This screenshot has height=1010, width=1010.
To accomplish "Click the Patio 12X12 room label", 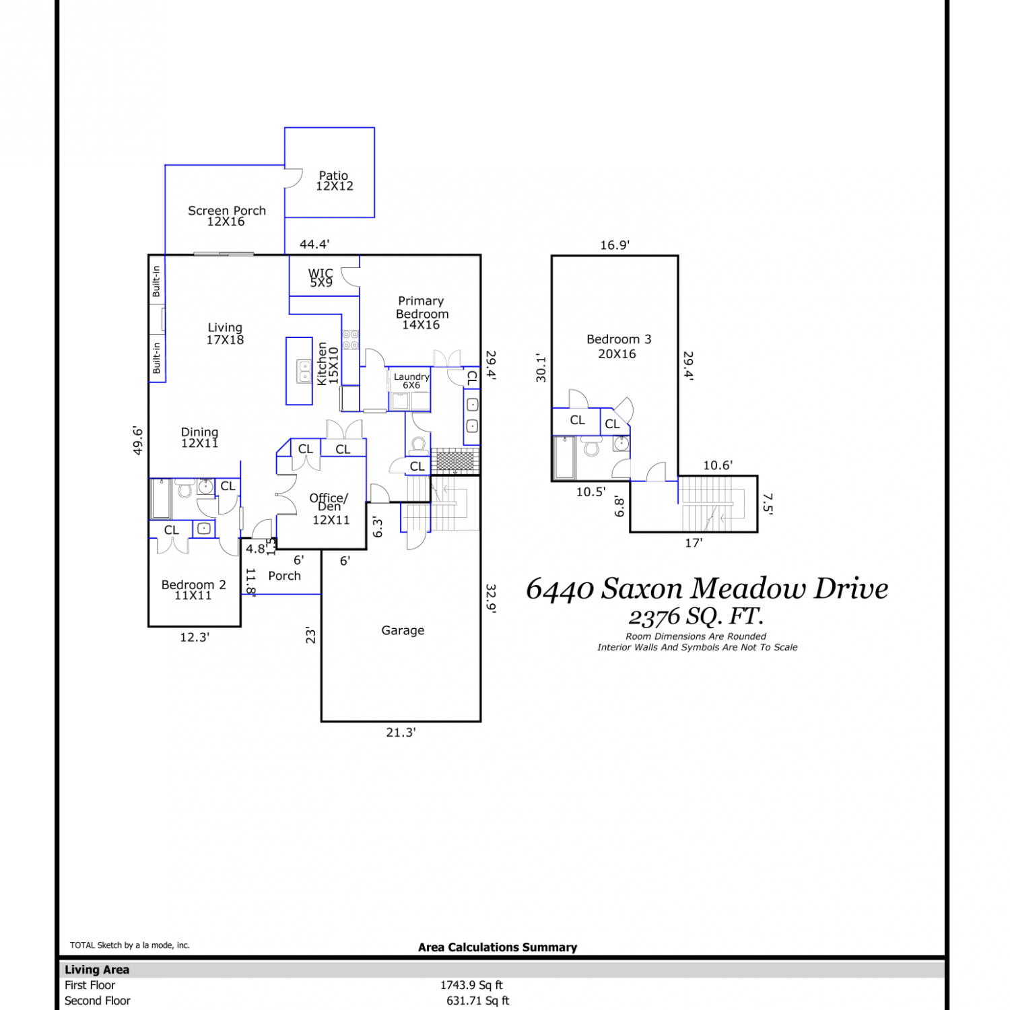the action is coord(335,180).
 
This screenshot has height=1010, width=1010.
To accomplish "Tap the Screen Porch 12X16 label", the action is coord(227,215).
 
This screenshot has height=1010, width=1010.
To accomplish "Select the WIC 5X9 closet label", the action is coord(321,277).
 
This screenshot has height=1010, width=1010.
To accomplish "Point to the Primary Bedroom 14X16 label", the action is coord(422,312).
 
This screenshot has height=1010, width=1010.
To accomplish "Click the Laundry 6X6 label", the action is coord(411,380).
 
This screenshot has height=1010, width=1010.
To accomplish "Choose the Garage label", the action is coord(403,630).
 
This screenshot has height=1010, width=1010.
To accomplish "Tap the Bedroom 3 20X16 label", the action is coord(618,346).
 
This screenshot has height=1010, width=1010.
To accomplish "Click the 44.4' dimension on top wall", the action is coord(314,244).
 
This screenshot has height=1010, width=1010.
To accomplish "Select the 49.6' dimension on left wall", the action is coord(138,440).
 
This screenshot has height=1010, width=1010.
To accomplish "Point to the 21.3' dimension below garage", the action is coord(401,732).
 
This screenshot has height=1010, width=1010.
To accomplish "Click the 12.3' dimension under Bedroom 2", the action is coord(195,637).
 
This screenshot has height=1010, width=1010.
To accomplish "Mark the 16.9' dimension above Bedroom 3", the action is coord(615,245).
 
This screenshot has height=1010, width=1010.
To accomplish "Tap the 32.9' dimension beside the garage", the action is coord(491,599).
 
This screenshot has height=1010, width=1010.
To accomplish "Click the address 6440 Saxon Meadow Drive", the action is coord(707,588).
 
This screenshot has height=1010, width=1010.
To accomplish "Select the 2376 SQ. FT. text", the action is coord(696,616).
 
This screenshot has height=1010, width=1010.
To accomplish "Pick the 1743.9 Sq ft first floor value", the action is coord(471,985).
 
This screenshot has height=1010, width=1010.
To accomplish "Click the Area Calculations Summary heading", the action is coord(498,947).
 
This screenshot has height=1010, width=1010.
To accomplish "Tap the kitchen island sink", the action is coord(304,372).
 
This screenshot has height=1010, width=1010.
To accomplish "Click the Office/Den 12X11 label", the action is coord(330,509).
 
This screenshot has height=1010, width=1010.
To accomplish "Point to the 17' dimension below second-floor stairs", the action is coord(694,543).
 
